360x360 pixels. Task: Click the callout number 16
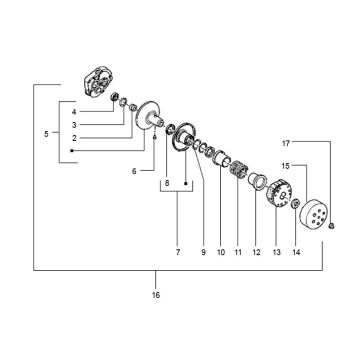[156, 295]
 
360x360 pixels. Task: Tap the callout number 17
[286, 143]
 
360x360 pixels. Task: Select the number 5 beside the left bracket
[46, 134]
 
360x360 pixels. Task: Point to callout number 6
[134, 171]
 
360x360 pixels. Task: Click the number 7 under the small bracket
[178, 252]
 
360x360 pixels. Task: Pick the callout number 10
[221, 252]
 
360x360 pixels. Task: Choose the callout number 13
[277, 252]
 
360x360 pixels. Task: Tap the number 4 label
[74, 112]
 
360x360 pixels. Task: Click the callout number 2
[74, 138]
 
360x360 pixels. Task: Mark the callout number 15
[286, 166]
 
